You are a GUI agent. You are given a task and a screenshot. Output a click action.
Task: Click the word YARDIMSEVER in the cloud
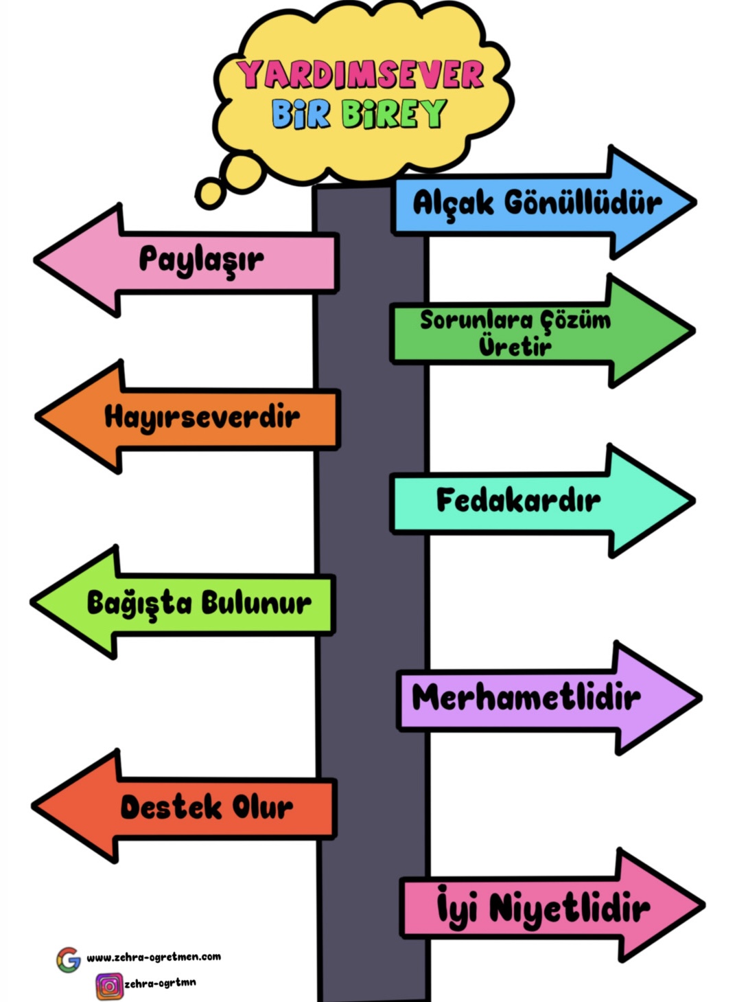click(x=361, y=74)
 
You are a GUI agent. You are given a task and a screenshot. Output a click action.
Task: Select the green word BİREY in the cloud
click(x=394, y=114)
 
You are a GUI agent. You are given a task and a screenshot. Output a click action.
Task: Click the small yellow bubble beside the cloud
click(x=211, y=193)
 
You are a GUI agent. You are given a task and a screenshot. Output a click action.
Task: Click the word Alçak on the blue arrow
click(x=453, y=203)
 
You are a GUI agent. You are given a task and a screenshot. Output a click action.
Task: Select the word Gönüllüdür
click(x=583, y=202)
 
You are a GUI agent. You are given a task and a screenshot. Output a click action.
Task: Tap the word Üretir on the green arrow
click(x=515, y=345)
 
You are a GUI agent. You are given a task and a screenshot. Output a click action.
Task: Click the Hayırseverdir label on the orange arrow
click(x=202, y=417)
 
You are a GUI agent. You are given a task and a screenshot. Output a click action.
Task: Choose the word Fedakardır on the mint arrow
click(x=518, y=500)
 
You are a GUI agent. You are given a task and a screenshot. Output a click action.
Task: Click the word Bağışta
click(x=139, y=603)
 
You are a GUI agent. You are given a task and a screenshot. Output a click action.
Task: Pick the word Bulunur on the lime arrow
click(x=256, y=603)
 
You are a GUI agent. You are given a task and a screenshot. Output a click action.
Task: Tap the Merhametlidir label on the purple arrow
click(x=526, y=698)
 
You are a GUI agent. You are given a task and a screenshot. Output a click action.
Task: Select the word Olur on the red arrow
click(x=263, y=807)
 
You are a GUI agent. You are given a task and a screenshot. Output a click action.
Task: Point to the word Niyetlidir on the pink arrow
click(x=570, y=908)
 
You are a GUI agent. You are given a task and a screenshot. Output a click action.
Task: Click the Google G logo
click(x=69, y=959)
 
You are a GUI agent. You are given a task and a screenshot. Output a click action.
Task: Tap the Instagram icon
click(x=108, y=986)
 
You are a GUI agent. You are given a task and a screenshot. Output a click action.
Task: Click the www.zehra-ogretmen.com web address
click(x=154, y=957)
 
